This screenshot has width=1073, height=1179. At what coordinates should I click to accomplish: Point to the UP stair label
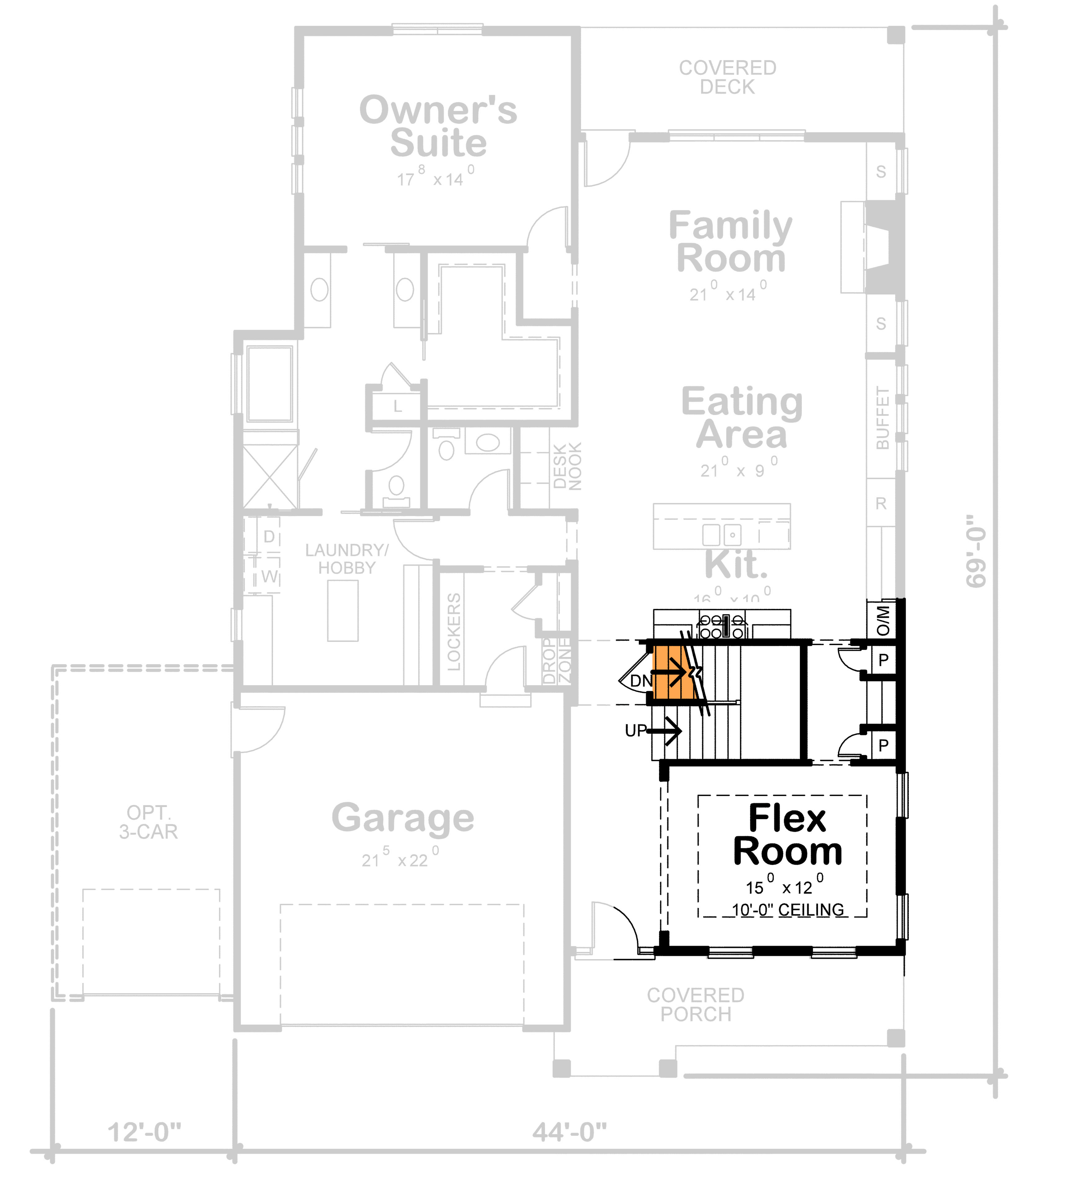tap(636, 730)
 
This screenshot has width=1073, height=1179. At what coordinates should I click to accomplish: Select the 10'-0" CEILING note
tap(788, 910)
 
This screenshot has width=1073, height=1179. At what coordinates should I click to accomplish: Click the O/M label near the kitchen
tap(883, 621)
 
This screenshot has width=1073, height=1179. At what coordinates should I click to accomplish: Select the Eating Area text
tap(742, 417)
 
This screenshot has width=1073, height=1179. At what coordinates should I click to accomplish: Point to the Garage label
tap(403, 818)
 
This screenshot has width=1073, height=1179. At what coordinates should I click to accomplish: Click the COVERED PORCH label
tap(695, 1005)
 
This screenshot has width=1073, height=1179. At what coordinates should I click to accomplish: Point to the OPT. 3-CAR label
tap(148, 822)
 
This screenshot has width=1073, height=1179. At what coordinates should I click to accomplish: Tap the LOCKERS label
tap(454, 632)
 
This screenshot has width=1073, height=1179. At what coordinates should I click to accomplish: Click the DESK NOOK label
tap(567, 466)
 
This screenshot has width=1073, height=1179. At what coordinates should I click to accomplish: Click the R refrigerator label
tap(881, 503)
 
